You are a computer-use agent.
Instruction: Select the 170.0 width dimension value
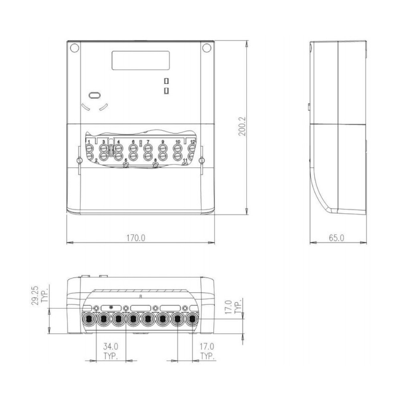point(136,237)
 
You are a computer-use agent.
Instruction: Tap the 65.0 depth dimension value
point(337,237)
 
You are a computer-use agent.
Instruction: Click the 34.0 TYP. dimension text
point(111,349)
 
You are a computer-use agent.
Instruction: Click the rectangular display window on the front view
point(140,60)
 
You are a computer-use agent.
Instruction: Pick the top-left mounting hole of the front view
point(74,49)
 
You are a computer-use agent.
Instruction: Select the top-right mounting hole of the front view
point(207,49)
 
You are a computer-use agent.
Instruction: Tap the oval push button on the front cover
point(95,95)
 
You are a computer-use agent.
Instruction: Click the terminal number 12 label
point(192,142)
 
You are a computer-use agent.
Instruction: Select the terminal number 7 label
point(148,142)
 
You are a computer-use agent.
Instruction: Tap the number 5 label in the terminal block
point(126,160)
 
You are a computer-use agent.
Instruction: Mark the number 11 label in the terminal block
point(185,160)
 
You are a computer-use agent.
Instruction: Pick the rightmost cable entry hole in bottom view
point(192,320)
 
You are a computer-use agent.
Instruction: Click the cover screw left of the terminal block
point(79,161)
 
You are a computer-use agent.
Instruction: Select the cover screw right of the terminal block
point(202,161)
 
